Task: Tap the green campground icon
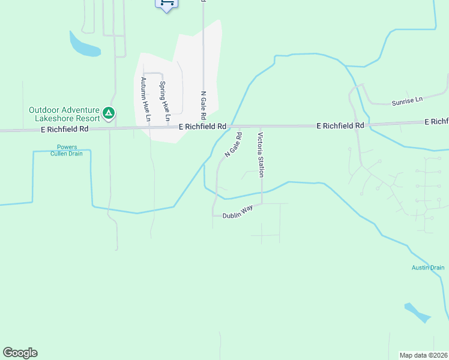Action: (109, 112)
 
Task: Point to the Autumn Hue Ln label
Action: (143, 99)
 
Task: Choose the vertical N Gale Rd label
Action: (203, 104)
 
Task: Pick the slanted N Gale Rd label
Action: (233, 145)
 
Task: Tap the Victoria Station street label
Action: (261, 155)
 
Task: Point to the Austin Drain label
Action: (428, 268)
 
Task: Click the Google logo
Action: (20, 353)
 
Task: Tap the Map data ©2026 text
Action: (423, 355)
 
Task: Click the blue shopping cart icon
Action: (167, 3)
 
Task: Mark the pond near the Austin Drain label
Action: (417, 313)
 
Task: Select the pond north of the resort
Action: (83, 45)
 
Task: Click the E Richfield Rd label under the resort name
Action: (67, 128)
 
